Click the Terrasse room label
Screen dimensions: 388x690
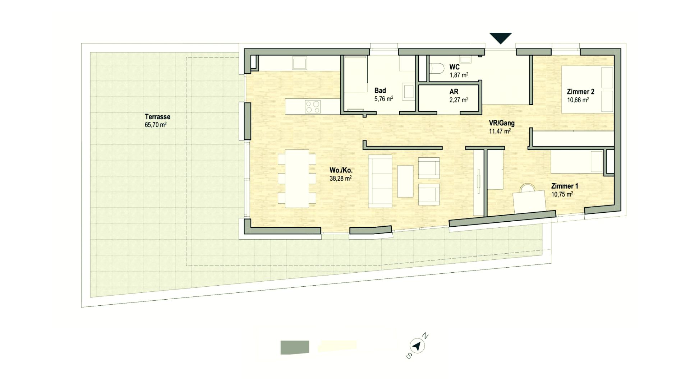157,117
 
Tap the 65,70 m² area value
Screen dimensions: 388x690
155,125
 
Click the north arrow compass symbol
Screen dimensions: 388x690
417,346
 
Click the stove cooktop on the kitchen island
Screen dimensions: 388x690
313,107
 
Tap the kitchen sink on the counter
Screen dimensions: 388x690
299,63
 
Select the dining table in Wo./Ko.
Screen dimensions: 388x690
297,179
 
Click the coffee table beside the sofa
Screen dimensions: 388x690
405,181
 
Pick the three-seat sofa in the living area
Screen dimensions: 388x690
380,181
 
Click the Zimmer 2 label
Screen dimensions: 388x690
578,92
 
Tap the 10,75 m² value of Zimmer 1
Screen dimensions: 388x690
562,194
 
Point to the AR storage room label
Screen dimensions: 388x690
454,92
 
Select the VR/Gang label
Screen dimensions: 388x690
501,123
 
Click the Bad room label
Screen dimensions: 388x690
380,91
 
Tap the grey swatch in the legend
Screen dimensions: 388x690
295,347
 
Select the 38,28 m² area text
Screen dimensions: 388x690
340,179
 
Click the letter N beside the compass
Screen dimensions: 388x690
425,336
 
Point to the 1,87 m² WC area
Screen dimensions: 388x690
459,75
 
